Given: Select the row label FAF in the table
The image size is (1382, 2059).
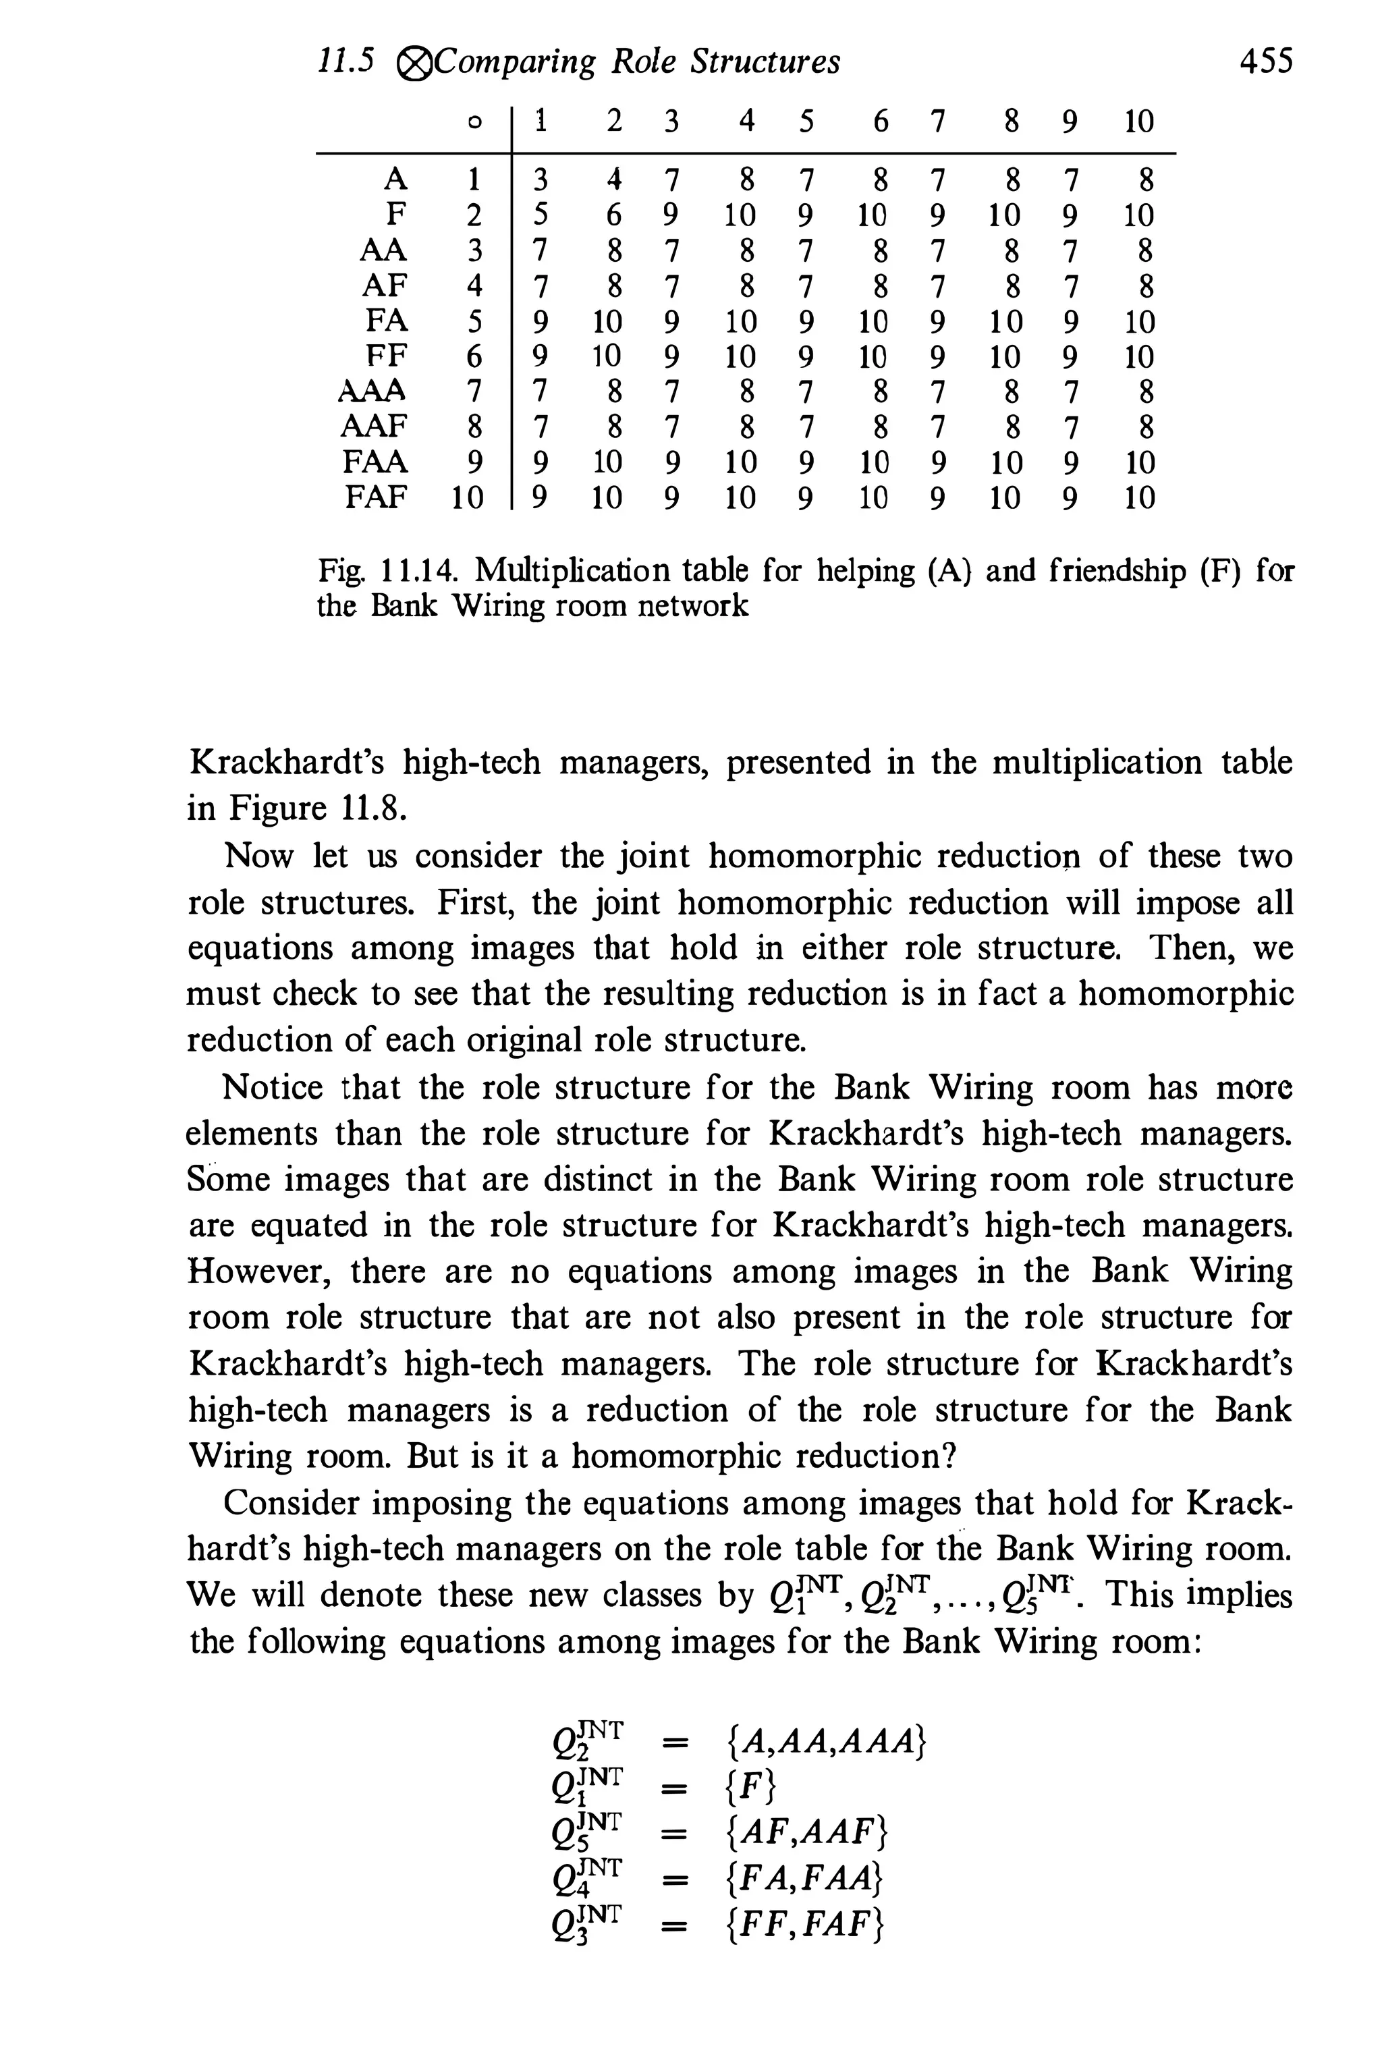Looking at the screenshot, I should tap(377, 498).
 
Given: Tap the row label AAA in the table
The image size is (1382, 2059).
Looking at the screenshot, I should tap(372, 389).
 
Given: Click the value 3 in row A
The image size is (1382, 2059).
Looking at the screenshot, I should tap(541, 180).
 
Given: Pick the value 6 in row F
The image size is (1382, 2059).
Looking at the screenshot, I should tap(613, 215).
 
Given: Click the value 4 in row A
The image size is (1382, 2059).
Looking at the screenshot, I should tap(613, 180).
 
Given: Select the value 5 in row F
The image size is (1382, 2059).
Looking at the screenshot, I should tap(541, 215).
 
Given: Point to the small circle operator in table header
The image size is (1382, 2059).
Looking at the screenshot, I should tap(474, 123).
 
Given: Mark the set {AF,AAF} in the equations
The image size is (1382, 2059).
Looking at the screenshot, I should tap(806, 1834).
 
